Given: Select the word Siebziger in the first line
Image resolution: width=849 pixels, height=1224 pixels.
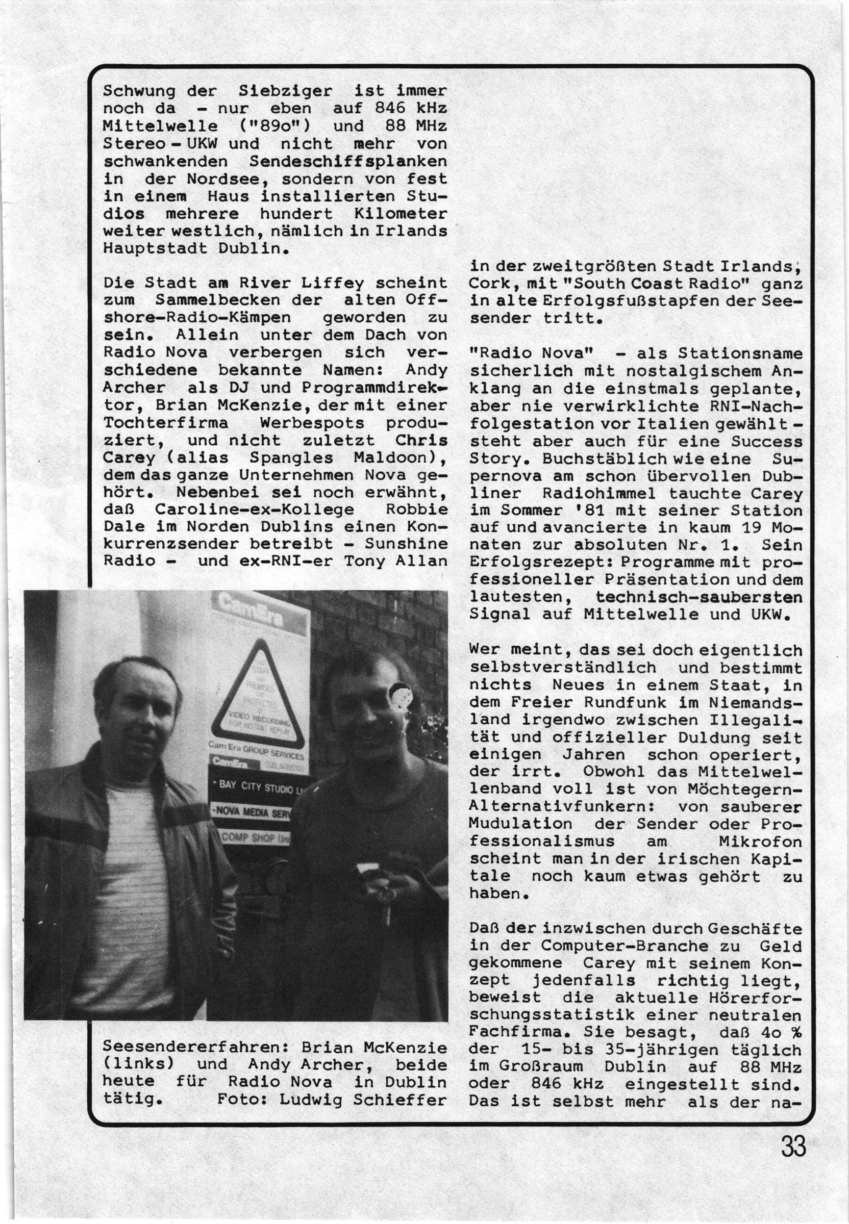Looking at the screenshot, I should pos(285,91).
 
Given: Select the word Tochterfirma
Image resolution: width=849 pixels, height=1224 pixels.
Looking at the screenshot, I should pos(165,423).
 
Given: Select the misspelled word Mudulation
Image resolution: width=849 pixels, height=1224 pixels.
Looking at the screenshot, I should pos(520,824).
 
